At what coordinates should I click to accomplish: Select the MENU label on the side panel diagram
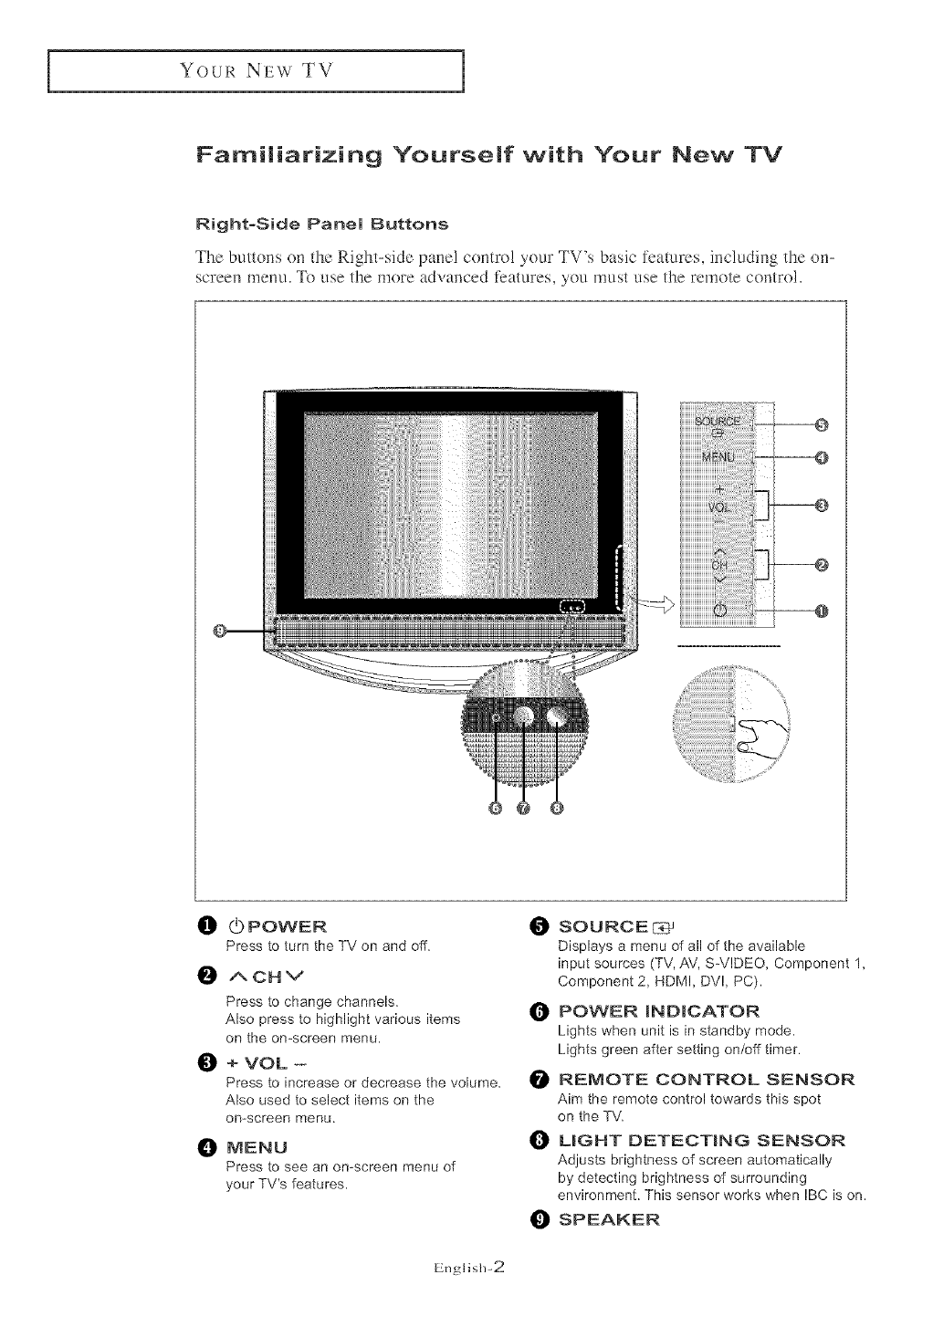click(718, 456)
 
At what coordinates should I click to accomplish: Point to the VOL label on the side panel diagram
click(718, 507)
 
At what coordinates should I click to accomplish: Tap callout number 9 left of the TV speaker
click(218, 630)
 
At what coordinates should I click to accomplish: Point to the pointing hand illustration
click(762, 733)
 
